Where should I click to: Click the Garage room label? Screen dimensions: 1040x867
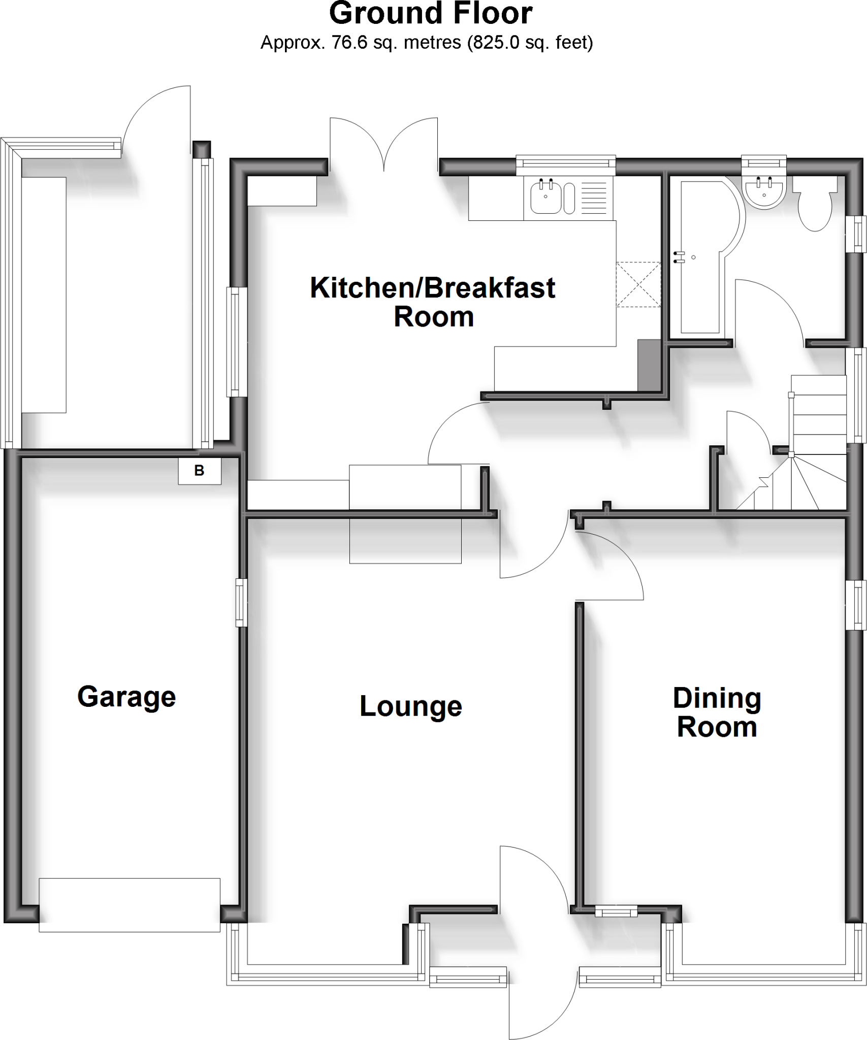tap(126, 697)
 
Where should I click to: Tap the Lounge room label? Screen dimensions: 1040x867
tap(410, 706)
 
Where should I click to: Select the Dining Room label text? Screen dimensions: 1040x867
tap(717, 713)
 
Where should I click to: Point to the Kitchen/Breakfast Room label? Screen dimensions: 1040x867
tap(433, 302)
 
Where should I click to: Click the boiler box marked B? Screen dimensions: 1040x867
tap(199, 471)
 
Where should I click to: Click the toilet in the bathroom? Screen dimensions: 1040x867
tap(815, 208)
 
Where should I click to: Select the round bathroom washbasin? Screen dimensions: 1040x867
tap(765, 191)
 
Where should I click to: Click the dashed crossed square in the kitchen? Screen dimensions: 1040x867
tap(638, 284)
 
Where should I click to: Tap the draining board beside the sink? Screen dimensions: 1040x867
tap(593, 199)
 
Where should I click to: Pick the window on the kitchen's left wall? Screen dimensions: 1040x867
tap(235, 342)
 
